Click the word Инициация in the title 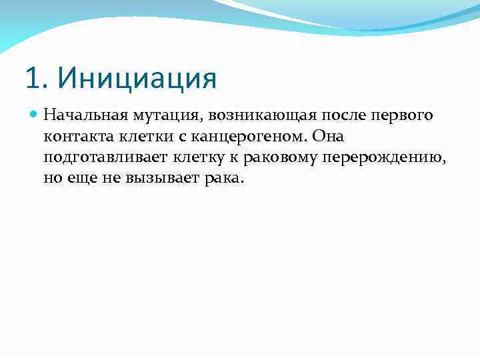pyautogui.click(x=137, y=78)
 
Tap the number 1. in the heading pyautogui.click(x=37, y=78)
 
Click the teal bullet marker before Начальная pyautogui.click(x=35, y=116)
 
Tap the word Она pyautogui.click(x=327, y=137)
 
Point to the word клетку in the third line pyautogui.click(x=198, y=159)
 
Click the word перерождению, pyautogui.click(x=389, y=159)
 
